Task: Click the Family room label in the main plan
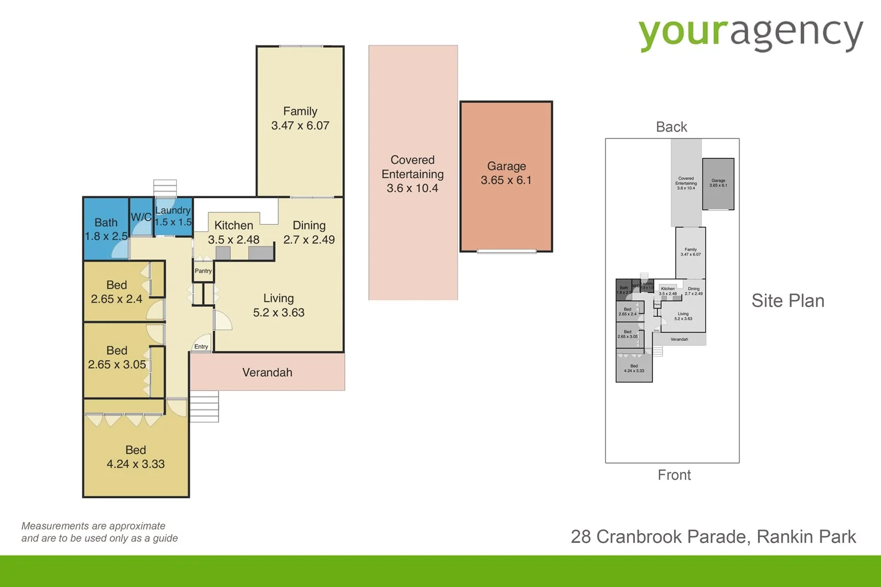pyautogui.click(x=300, y=111)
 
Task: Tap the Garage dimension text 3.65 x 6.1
pyautogui.click(x=506, y=181)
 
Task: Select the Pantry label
pyautogui.click(x=203, y=271)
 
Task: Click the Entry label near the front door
pyautogui.click(x=201, y=347)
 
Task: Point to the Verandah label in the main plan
pyautogui.click(x=267, y=373)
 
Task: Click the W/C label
pyautogui.click(x=141, y=217)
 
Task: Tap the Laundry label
pyautogui.click(x=173, y=210)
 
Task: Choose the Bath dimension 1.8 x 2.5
pyautogui.click(x=106, y=236)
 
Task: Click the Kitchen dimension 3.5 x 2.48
pyautogui.click(x=233, y=240)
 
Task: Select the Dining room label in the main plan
pyautogui.click(x=309, y=225)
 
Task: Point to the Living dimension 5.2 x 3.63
pyautogui.click(x=279, y=313)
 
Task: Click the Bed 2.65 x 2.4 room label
pyautogui.click(x=117, y=285)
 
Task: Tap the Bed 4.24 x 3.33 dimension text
pyautogui.click(x=135, y=464)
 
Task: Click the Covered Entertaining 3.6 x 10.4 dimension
pyautogui.click(x=412, y=188)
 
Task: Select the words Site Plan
pyautogui.click(x=788, y=301)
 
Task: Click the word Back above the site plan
pyautogui.click(x=671, y=127)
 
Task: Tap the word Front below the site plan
pyautogui.click(x=674, y=475)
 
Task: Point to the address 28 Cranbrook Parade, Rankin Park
pyautogui.click(x=713, y=537)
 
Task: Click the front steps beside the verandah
pyautogui.click(x=204, y=406)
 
